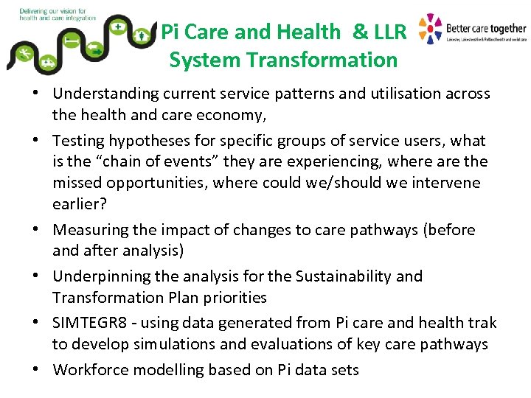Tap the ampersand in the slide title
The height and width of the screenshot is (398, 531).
361,32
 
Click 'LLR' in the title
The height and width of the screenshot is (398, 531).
391,32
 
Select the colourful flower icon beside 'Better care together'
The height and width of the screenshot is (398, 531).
430,29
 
